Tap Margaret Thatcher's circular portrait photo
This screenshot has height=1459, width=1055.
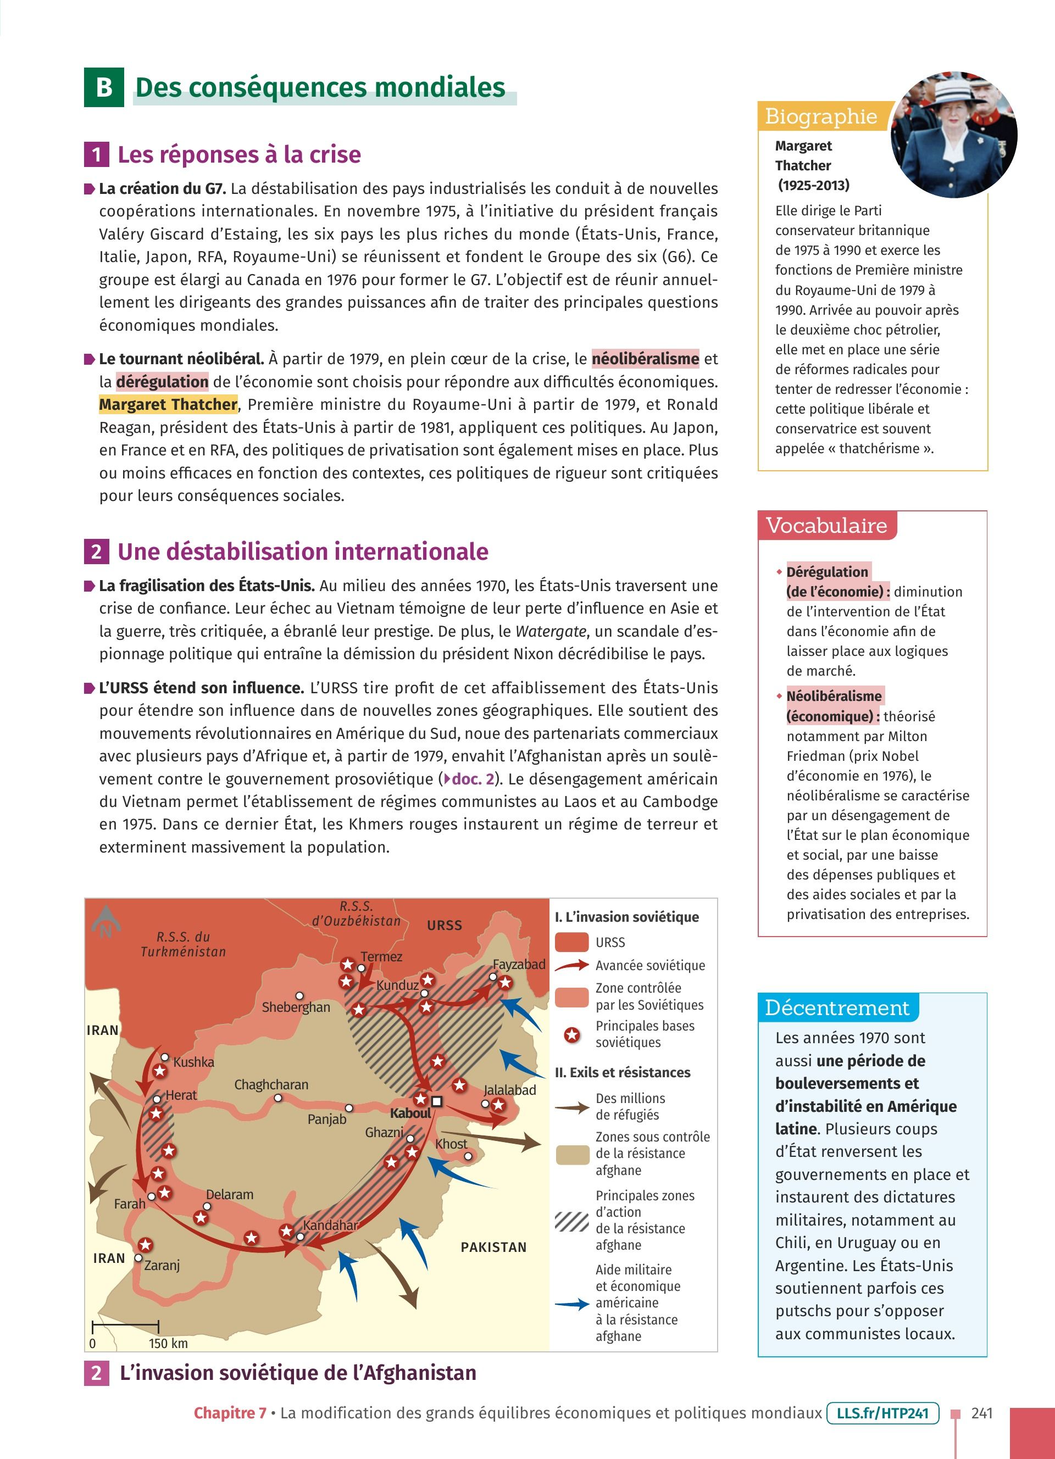coord(953,135)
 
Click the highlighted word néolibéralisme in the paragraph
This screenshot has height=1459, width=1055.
coord(645,358)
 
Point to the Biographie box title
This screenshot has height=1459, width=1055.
coord(821,116)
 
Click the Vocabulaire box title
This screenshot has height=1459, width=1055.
coord(826,526)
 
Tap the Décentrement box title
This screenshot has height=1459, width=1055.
coord(837,1007)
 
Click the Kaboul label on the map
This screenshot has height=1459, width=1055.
coord(410,1113)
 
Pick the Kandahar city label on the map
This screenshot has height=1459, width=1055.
coord(330,1225)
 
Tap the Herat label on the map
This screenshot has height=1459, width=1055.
coord(181,1095)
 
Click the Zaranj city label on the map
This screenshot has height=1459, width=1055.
coord(162,1266)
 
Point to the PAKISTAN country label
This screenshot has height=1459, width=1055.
coord(493,1247)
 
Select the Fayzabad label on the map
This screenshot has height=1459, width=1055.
coord(519,964)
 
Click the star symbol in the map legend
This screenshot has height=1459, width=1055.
coord(571,1035)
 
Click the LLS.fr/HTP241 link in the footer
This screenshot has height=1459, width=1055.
coord(882,1413)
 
